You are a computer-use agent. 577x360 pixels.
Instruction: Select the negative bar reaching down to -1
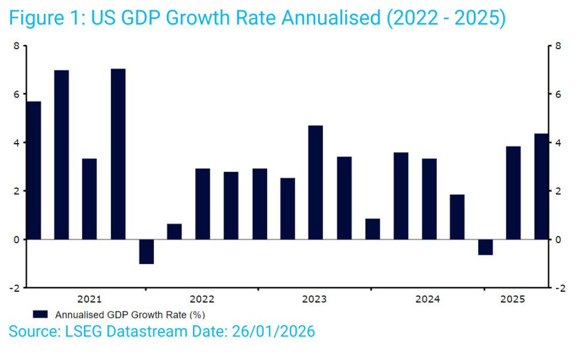146,252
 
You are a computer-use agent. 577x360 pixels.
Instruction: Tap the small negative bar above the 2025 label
485,247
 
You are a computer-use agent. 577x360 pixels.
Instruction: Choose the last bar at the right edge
541,186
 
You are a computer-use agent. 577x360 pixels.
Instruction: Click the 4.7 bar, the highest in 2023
316,182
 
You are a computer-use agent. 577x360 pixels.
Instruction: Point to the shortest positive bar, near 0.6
174,232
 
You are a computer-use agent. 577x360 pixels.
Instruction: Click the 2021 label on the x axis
89,299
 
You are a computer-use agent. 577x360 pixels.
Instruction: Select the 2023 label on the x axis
315,299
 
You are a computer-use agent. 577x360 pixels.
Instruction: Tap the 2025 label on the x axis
513,299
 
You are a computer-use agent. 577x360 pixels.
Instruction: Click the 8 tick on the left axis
16,46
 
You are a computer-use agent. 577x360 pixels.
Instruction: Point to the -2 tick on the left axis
14,288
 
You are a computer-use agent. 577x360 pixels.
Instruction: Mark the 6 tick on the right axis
558,95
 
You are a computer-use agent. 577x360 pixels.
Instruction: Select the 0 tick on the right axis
558,240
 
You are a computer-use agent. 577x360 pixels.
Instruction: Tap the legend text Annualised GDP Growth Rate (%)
130,314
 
